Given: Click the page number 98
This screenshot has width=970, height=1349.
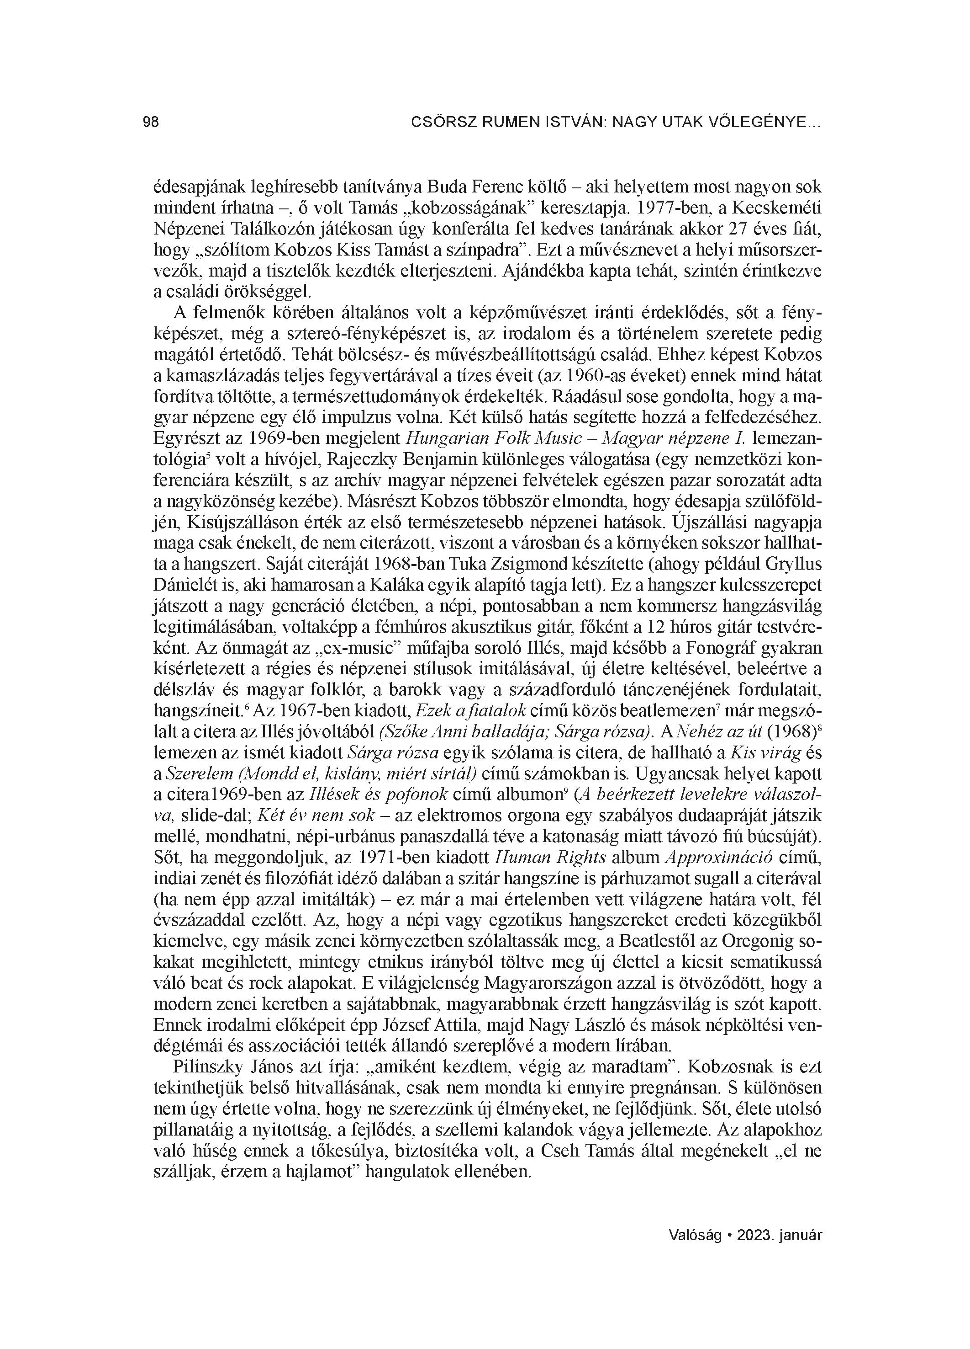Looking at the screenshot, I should (151, 123).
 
